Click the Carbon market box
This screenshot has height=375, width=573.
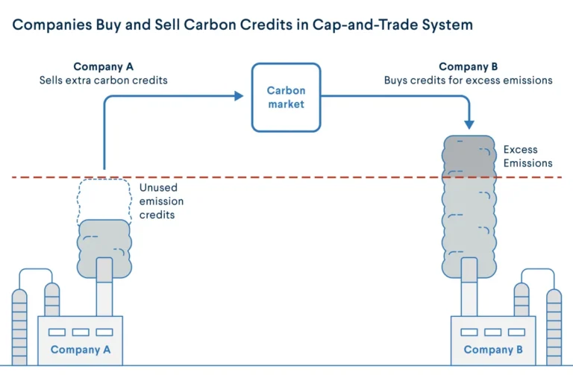pos(286,98)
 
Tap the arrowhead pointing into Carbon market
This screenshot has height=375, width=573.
pos(239,96)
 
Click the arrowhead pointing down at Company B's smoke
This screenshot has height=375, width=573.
pos(469,125)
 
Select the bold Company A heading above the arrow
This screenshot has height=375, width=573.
pos(104,66)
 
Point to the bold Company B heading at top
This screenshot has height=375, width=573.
pos(468,66)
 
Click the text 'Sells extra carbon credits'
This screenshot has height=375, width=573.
pos(104,81)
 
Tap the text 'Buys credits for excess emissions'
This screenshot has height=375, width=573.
pos(468,81)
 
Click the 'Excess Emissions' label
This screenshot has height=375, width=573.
pos(527,157)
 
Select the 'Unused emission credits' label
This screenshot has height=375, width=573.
pos(161,201)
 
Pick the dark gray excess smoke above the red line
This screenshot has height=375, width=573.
pos(469,157)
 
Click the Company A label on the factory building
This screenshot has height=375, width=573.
pos(81,350)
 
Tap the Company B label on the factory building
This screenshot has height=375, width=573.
pos(493,350)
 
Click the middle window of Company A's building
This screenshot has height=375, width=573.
pos(81,332)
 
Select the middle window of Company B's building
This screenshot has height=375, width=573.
pos(493,332)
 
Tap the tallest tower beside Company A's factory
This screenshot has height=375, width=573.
pos(19,327)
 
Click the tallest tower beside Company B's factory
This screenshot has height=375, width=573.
pos(554,327)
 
